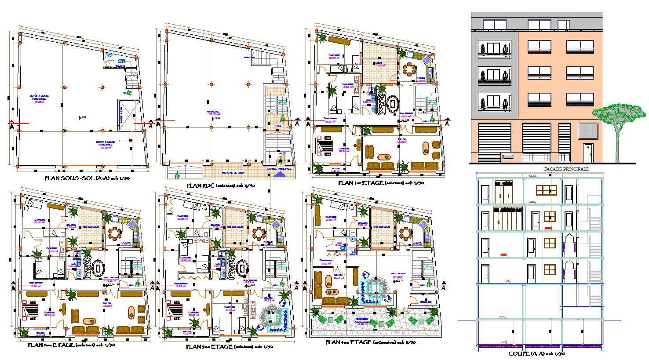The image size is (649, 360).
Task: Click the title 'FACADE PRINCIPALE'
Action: coord(566,169)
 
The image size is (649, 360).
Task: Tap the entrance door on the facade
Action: coord(588,153)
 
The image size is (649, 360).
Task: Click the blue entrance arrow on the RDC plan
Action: coord(279,174)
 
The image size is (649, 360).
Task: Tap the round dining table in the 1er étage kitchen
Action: coord(410,69)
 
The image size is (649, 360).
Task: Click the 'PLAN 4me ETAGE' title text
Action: coord(370,342)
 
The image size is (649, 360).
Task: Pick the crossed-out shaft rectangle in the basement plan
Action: coord(128,115)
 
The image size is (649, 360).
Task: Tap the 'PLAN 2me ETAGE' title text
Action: coord(71,345)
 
